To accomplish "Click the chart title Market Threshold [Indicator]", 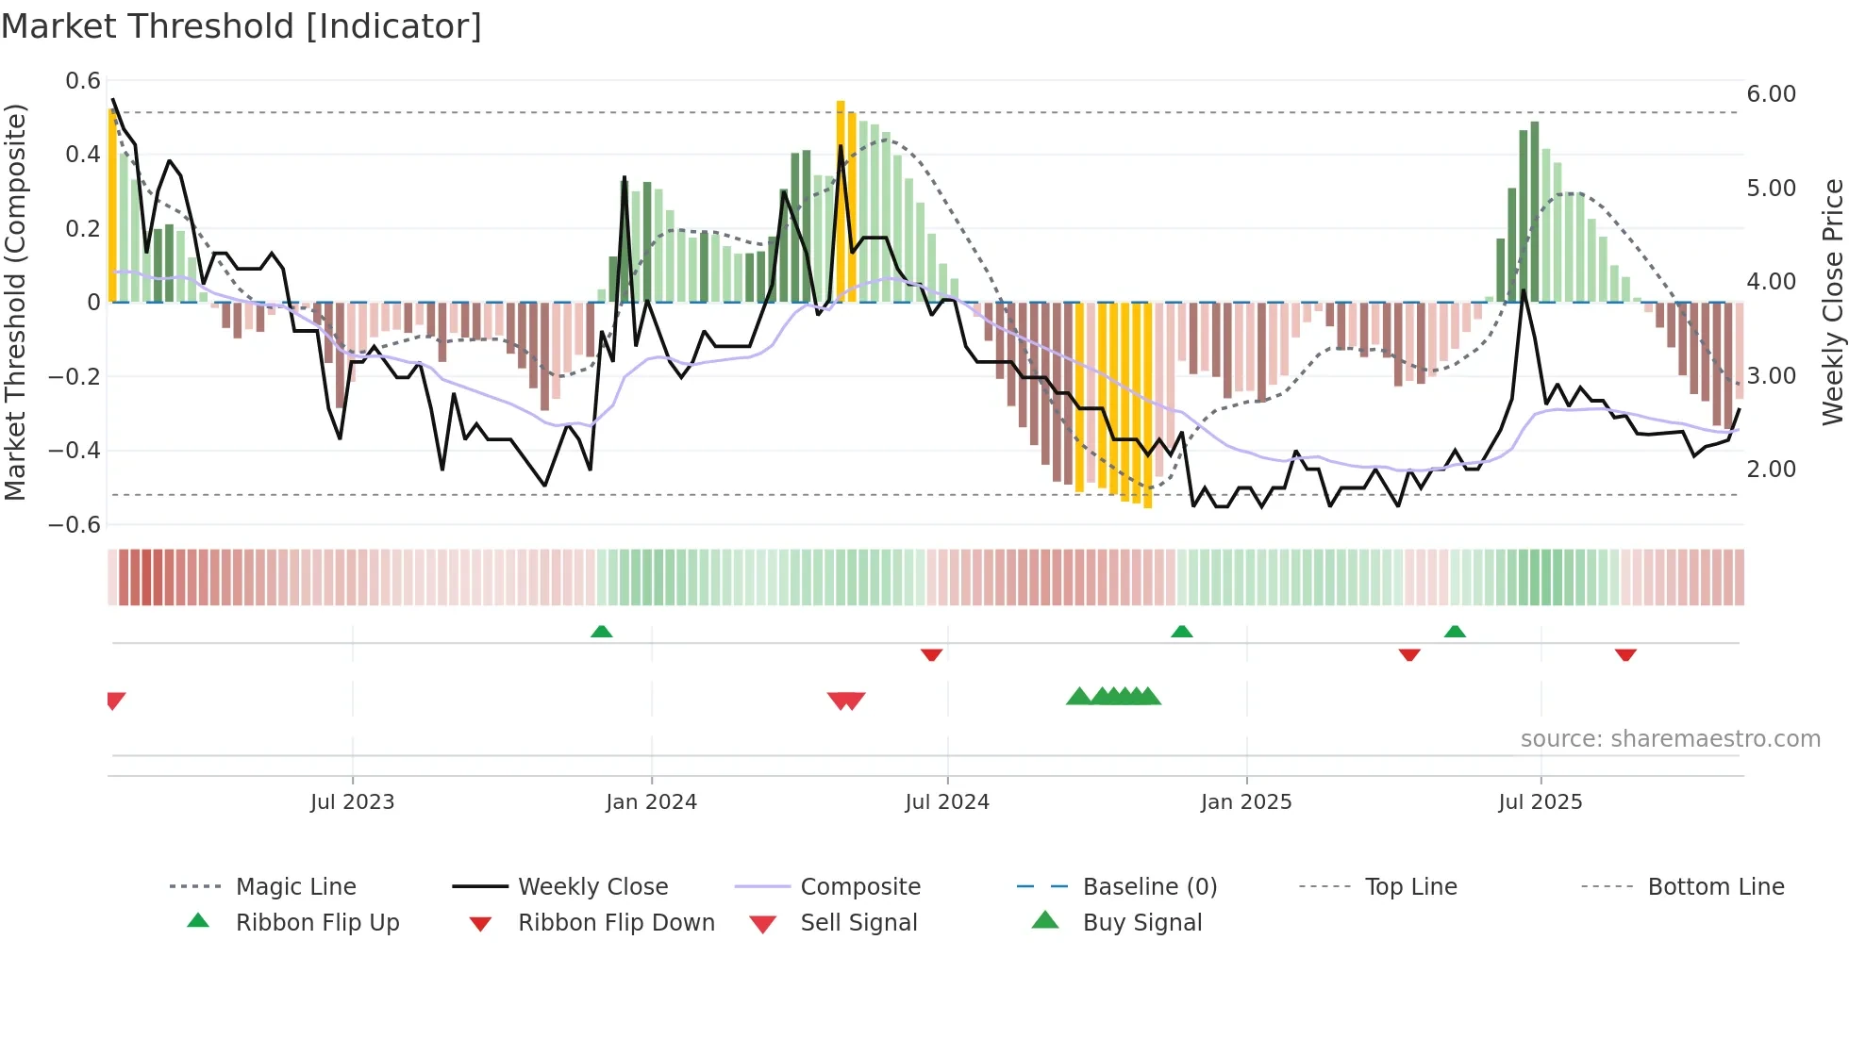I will coord(242,26).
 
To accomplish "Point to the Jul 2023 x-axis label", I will coord(352,801).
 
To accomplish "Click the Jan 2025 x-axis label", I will coord(1245,801).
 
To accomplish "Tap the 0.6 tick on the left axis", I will coord(83,81).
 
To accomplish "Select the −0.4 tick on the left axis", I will coord(75,450).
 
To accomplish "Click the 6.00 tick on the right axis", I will coord(1771,93).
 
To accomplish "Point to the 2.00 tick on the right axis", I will coord(1771,469).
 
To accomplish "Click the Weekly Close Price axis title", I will coord(1832,302).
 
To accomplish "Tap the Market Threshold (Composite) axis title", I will coord(15,302).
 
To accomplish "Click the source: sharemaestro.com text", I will coord(1670,738).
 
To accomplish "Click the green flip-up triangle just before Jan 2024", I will coord(601,632).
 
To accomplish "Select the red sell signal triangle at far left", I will coord(115,700).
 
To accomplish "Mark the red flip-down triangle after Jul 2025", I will coord(1624,654).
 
